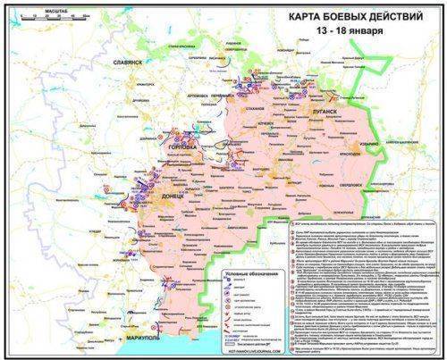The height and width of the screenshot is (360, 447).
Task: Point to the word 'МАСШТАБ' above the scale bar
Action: pos(34,10)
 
